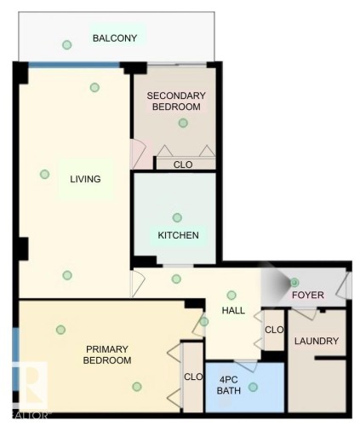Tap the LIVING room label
pyautogui.click(x=86, y=179)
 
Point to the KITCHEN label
pyautogui.click(x=179, y=235)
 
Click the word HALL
pyautogui.click(x=233, y=311)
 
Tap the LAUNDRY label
pyautogui.click(x=317, y=342)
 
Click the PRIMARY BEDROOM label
pyautogui.click(x=107, y=354)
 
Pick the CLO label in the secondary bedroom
pyautogui.click(x=182, y=164)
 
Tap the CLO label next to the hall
pyautogui.click(x=273, y=330)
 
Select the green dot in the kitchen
pyautogui.click(x=177, y=217)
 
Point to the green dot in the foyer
pyautogui.click(x=294, y=281)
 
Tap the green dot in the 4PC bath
pyautogui.click(x=252, y=387)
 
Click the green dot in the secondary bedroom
pyautogui.click(x=182, y=124)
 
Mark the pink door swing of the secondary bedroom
pyautogui.click(x=137, y=154)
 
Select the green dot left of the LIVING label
pyautogui.click(x=44, y=175)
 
